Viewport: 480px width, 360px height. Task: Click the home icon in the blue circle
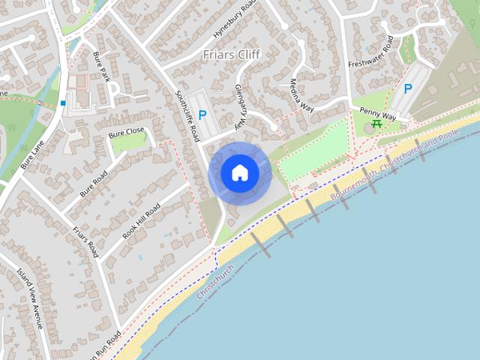click(x=240, y=173)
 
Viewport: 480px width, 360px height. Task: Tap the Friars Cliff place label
click(x=232, y=55)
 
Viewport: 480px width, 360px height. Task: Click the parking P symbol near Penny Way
click(x=408, y=88)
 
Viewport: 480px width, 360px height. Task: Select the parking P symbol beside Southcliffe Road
click(x=202, y=116)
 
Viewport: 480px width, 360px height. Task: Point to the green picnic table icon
click(x=376, y=124)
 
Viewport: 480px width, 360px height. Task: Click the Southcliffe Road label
click(x=187, y=116)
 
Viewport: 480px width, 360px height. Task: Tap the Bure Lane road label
click(x=34, y=151)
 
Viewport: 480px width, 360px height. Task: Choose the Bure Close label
click(x=126, y=133)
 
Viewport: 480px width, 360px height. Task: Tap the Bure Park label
click(x=103, y=67)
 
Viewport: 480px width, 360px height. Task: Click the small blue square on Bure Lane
click(x=64, y=103)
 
